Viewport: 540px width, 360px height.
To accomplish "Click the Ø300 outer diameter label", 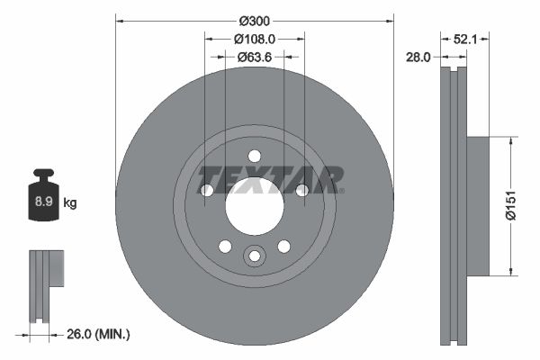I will pos(255,19).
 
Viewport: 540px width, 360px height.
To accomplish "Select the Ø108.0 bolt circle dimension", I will pos(254,39).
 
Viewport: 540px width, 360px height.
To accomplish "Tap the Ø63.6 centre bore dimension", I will pos(255,57).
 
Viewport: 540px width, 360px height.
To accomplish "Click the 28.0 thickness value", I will pos(419,57).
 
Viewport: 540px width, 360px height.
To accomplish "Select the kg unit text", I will pos(69,203).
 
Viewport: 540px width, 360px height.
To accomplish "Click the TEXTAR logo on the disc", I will pos(270,179).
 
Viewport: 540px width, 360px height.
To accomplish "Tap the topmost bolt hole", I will pos(254,155).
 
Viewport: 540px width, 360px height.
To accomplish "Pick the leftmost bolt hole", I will pos(207,190).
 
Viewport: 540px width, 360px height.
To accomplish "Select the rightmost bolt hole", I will pos(301,190).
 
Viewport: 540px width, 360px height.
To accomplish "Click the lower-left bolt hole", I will pos(225,246).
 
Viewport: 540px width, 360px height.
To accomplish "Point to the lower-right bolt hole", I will pos(283,246).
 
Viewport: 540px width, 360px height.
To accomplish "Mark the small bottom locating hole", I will pos(254,256).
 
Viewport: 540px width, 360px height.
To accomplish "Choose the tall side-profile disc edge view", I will pos(453,206).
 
